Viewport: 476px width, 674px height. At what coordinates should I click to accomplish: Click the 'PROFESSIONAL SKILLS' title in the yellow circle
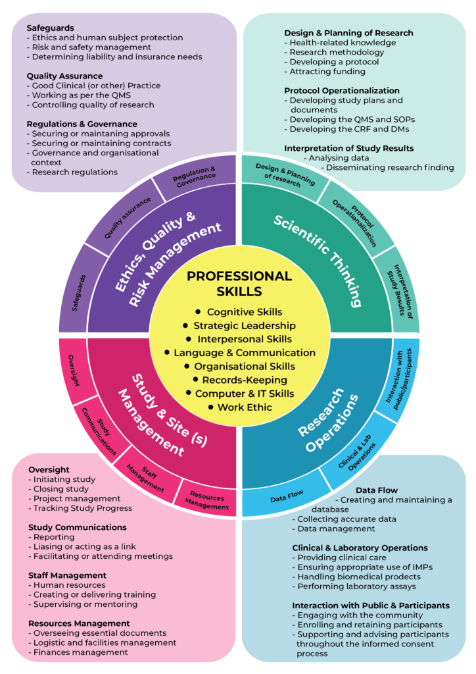click(239, 283)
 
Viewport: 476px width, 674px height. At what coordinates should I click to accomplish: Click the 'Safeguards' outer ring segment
click(75, 297)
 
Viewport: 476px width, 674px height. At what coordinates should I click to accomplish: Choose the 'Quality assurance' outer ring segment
click(128, 217)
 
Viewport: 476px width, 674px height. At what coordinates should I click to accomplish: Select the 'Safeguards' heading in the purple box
click(50, 28)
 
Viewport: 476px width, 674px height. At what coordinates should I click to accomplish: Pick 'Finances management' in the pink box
click(80, 652)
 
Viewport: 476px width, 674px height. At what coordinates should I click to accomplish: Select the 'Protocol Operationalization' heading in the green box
click(342, 90)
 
